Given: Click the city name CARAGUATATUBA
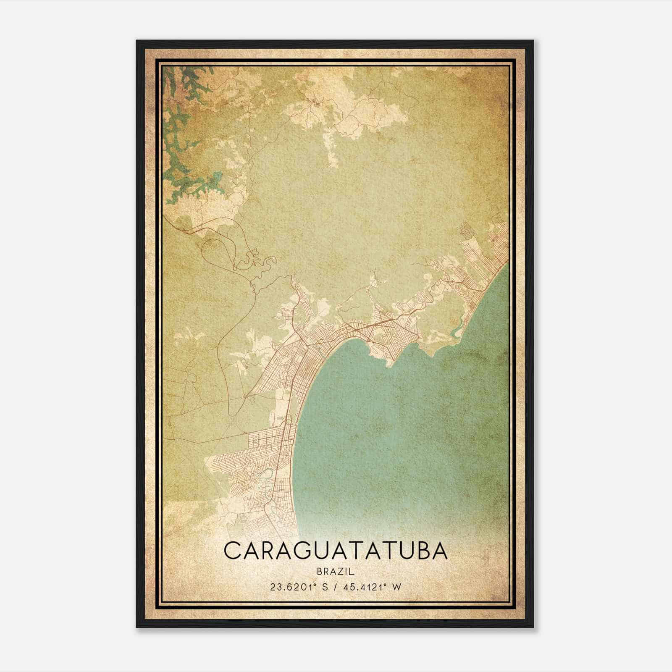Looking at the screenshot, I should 336,551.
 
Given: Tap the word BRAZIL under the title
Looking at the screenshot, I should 336,572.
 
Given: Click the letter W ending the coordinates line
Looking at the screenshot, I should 397,587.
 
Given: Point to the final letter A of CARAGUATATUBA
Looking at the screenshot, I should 439,551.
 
